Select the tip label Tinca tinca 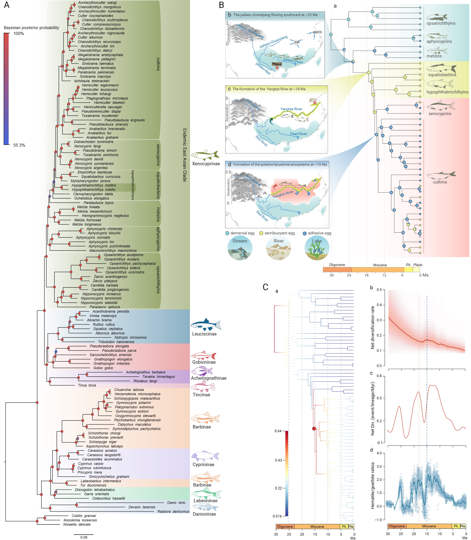click(87, 385)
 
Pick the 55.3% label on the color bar click(19, 145)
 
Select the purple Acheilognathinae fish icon click(202, 371)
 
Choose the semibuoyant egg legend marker click(261, 233)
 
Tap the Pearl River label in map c click(299, 134)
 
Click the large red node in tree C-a click(314, 429)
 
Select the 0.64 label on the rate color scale click(278, 431)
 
